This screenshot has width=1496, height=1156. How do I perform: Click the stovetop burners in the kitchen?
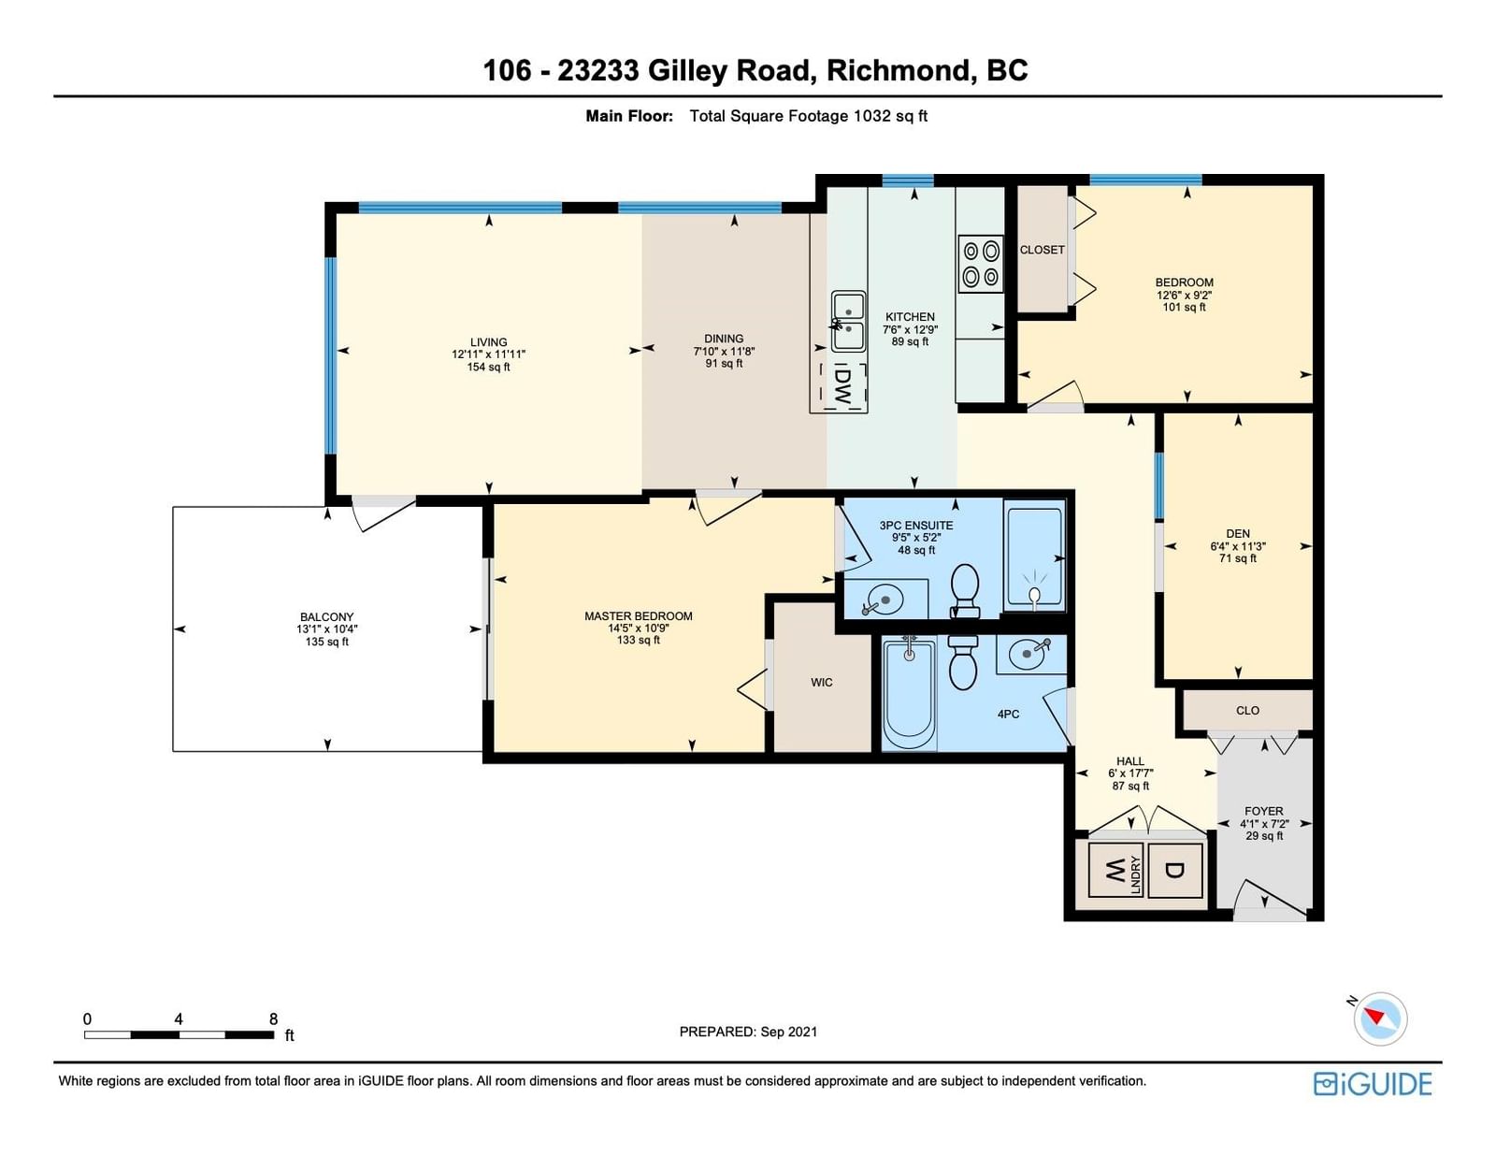tap(981, 265)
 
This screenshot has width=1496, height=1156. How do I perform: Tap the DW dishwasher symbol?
tap(841, 387)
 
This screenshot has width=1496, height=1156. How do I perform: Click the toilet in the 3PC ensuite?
tap(965, 591)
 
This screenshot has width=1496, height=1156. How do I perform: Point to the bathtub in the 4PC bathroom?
tap(909, 693)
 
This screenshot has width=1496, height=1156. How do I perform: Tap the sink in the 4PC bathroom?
tap(1030, 654)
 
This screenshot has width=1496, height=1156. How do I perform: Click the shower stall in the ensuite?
tap(1034, 556)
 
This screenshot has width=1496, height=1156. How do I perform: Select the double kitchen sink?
tap(848, 322)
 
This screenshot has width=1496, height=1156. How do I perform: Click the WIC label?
tap(821, 683)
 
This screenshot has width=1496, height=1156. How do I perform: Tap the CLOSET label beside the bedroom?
tap(1042, 250)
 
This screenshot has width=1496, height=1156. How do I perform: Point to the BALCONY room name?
tap(326, 617)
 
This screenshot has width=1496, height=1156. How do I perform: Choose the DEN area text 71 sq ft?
tap(1238, 558)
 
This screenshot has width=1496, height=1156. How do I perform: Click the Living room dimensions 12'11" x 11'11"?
tap(488, 354)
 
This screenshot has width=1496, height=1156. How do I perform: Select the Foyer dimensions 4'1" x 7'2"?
tap(1264, 823)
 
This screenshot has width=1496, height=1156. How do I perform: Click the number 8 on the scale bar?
tap(273, 1019)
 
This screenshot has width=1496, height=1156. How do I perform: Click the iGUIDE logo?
tap(1373, 1084)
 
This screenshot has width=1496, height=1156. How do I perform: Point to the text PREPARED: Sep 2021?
tap(748, 1032)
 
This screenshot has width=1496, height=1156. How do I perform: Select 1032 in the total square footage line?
tap(871, 116)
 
